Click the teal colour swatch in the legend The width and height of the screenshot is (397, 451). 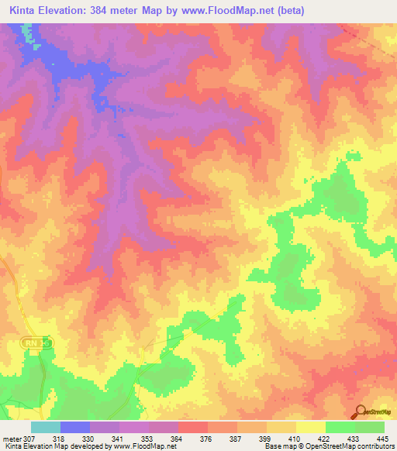pos(46,427)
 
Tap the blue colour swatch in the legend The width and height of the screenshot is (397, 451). pos(75,427)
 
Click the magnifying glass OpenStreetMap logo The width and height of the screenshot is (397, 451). pos(359,411)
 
